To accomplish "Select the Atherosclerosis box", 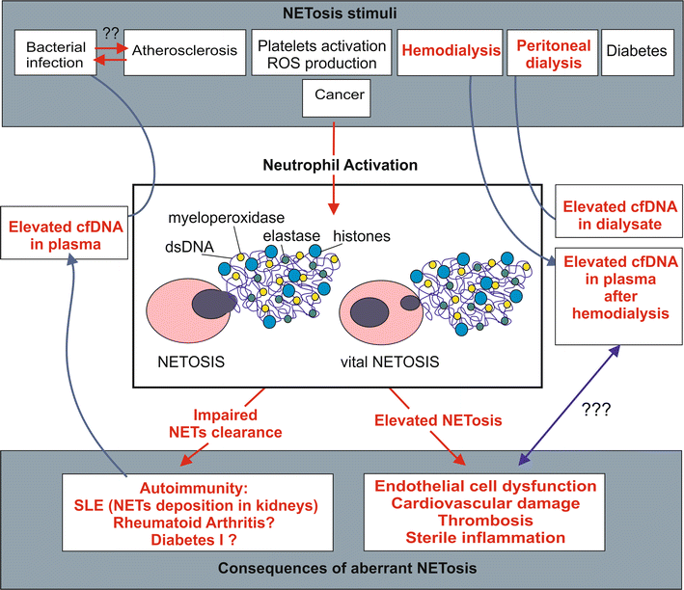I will [183, 51].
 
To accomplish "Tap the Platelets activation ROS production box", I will [314, 54].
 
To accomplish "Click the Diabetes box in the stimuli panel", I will [636, 51].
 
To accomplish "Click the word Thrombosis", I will [489, 520].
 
